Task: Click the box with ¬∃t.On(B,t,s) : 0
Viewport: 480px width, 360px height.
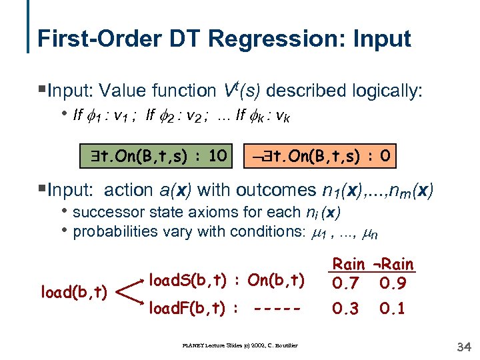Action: (323, 157)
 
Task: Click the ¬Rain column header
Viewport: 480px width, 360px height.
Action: (393, 264)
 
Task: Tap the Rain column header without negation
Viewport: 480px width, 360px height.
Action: (349, 264)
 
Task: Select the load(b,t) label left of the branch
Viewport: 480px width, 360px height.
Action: (75, 293)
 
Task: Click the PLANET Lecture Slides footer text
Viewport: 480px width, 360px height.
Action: (240, 345)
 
